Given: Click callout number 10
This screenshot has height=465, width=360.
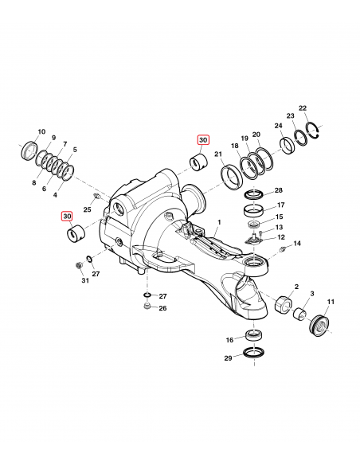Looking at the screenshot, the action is pyautogui.click(x=41, y=131).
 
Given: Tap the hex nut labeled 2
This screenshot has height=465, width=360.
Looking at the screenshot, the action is pyautogui.click(x=284, y=305).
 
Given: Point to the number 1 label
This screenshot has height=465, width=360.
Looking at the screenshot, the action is pyautogui.click(x=220, y=222).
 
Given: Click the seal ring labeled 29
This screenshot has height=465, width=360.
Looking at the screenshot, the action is pyautogui.click(x=253, y=353).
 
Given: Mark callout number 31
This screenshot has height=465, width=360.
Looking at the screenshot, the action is pyautogui.click(x=85, y=280).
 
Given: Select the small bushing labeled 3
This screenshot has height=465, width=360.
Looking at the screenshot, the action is pyautogui.click(x=300, y=315).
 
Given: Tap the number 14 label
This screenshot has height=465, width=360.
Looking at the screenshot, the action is pyautogui.click(x=297, y=243).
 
